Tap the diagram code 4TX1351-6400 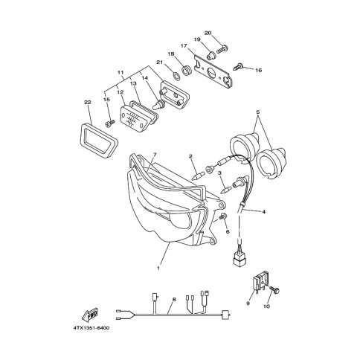[91, 328]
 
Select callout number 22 [88, 102]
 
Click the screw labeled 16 [238, 66]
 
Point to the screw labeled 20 [222, 48]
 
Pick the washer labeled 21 [176, 75]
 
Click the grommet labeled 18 [186, 71]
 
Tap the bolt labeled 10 [275, 289]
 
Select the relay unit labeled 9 [260, 283]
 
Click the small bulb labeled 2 [199, 176]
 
